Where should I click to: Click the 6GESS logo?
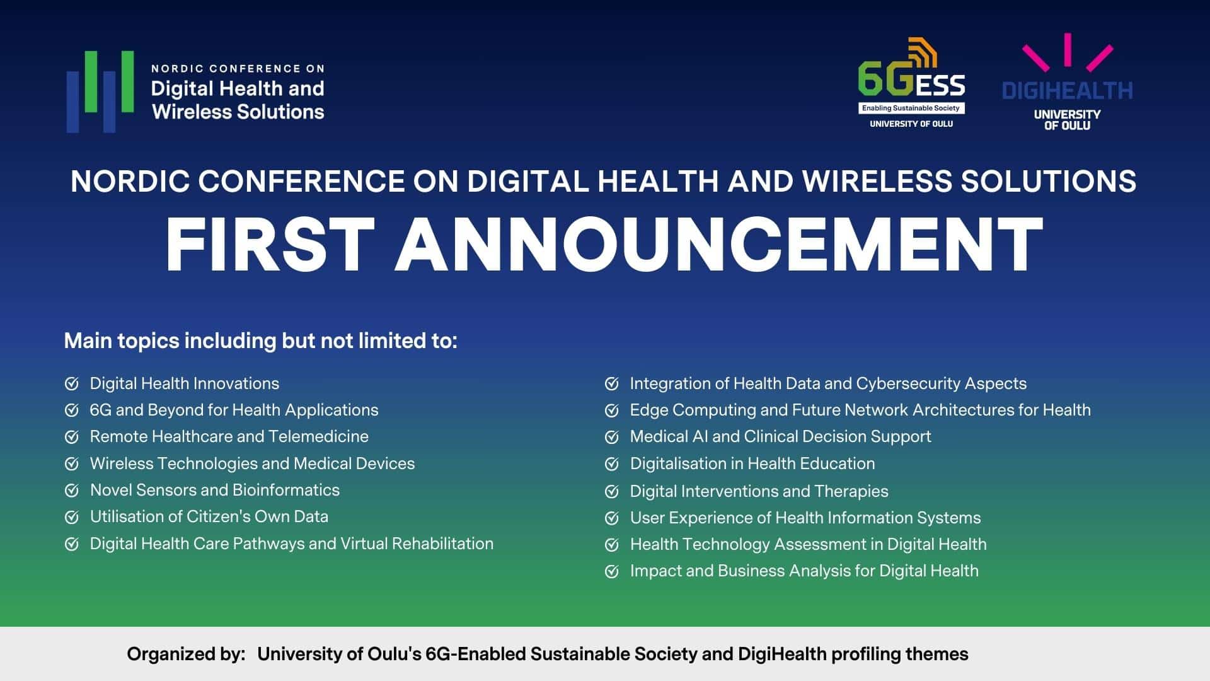click(911, 83)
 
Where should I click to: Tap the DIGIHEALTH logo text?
click(1067, 91)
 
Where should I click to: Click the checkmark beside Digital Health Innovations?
click(72, 383)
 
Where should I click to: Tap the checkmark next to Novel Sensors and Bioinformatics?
click(72, 490)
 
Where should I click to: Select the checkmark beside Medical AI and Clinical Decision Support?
click(611, 437)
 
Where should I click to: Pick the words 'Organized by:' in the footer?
click(186, 654)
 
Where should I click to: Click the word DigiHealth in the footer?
click(782, 654)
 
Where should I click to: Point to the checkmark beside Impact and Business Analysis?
click(611, 571)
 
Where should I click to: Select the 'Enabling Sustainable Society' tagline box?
click(911, 108)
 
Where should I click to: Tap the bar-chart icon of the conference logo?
click(100, 91)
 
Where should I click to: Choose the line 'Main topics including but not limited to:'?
click(261, 341)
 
